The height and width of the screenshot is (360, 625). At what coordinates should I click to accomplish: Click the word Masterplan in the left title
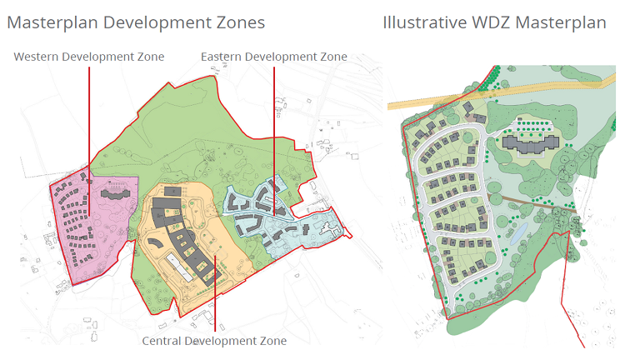pos(52,22)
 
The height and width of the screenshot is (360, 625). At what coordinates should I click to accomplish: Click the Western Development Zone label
pos(89,57)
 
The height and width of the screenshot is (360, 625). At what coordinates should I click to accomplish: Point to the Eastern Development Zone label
pos(274,57)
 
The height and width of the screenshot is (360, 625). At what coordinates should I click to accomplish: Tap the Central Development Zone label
pos(214,342)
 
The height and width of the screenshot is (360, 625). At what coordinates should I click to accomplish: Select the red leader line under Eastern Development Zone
pos(274,125)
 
